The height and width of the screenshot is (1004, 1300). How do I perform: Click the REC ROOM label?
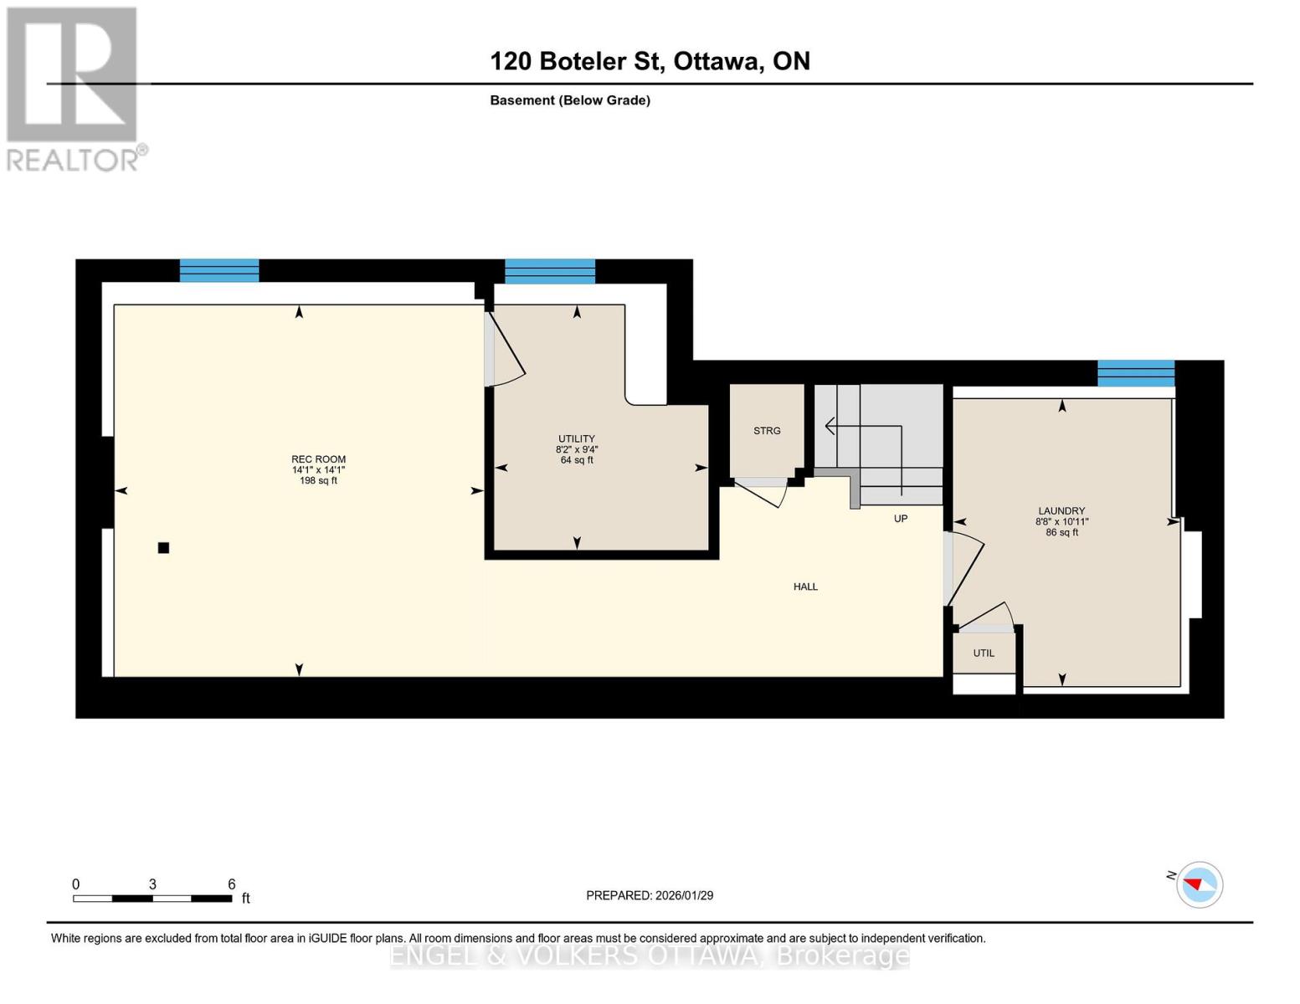pos(318,459)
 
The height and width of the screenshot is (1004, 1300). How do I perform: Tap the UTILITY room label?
pos(577,438)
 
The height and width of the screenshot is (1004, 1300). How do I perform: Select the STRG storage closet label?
pos(767,431)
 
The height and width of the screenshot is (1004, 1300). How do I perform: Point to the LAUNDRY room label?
pos(1061,510)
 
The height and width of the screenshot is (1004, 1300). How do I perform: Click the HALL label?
pos(805,587)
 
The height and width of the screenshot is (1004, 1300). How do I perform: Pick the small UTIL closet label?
pos(984,653)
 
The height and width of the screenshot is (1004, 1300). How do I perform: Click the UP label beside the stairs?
pos(901,519)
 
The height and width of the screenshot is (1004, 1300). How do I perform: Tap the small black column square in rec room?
pos(164,548)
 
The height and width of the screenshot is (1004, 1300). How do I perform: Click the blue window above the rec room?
pos(219,270)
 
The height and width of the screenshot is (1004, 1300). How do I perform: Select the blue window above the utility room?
pos(550,271)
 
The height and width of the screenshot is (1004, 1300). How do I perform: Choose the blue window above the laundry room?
pos(1136,373)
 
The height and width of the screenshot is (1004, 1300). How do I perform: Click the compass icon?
pos(1200,884)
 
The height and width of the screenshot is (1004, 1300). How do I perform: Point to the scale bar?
pos(152,899)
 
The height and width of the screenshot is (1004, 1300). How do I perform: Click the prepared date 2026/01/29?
pos(650,895)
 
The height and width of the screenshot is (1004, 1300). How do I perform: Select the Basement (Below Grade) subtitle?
pos(570,100)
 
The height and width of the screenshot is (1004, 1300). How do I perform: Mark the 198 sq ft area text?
pos(318,481)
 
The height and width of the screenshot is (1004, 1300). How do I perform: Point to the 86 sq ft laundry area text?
pos(1061,532)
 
